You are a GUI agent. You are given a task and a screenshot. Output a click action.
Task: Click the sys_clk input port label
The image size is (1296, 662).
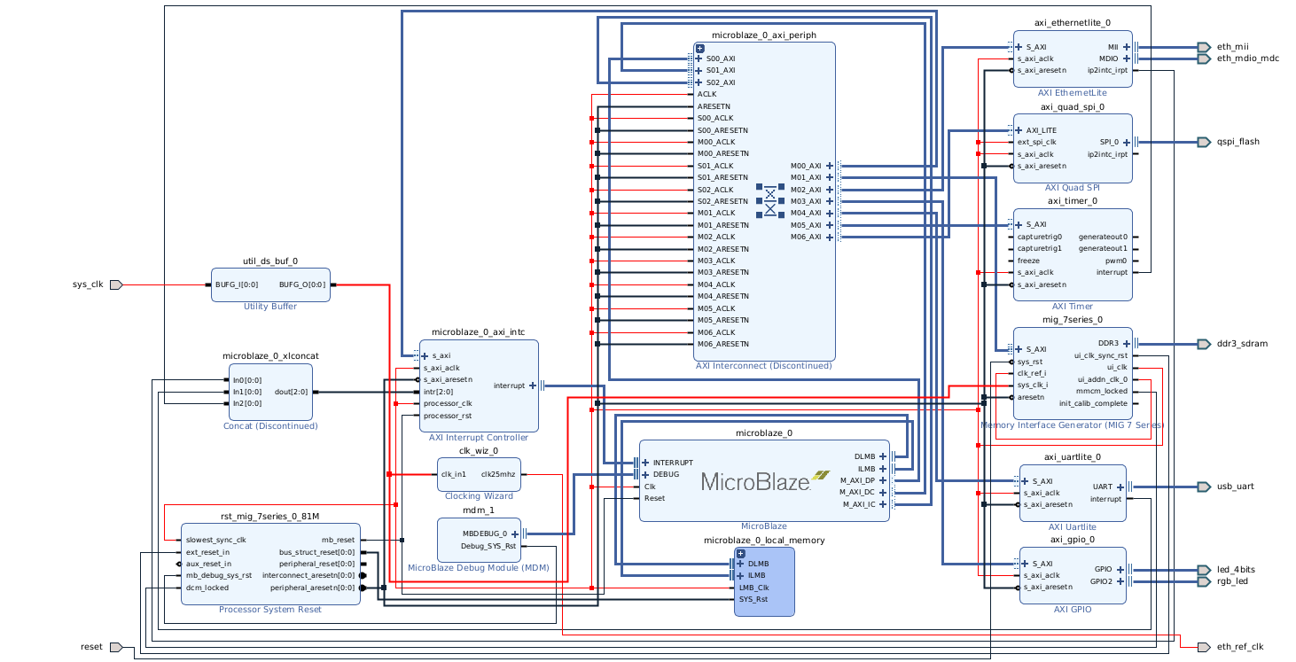click(87, 284)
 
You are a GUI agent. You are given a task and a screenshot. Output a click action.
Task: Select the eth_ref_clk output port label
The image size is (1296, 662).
click(1239, 647)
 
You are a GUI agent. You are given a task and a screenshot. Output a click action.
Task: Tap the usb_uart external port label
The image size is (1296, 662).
click(1235, 487)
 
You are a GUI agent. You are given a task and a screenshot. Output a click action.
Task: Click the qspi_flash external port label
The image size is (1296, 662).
click(1237, 142)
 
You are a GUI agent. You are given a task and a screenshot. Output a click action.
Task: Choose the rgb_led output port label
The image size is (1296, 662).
click(1232, 581)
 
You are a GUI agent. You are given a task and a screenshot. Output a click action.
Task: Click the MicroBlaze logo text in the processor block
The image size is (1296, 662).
click(755, 481)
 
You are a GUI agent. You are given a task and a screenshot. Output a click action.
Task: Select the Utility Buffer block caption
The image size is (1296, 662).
click(270, 307)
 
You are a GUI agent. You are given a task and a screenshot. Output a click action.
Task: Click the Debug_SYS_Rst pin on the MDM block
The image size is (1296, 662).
click(488, 546)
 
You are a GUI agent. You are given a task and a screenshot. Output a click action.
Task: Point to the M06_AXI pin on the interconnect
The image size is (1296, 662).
click(805, 238)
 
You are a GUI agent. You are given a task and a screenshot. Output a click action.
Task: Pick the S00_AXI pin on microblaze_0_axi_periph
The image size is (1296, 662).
click(720, 58)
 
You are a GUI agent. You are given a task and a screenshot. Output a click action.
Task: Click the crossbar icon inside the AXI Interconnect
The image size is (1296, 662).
click(769, 200)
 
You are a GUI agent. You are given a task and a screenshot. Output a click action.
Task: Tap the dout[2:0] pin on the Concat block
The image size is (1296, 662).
click(292, 392)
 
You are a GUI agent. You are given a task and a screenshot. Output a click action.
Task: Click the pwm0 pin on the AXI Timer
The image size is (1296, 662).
click(1116, 261)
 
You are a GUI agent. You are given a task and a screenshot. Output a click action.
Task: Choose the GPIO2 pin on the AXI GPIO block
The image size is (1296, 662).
click(1103, 581)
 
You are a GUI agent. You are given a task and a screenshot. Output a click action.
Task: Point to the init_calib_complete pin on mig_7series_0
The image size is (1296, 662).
click(1092, 404)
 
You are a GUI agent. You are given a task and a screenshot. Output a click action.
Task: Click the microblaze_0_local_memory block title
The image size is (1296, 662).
click(763, 540)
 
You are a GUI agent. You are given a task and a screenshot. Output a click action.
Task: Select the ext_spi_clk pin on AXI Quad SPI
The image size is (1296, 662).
click(1036, 142)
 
